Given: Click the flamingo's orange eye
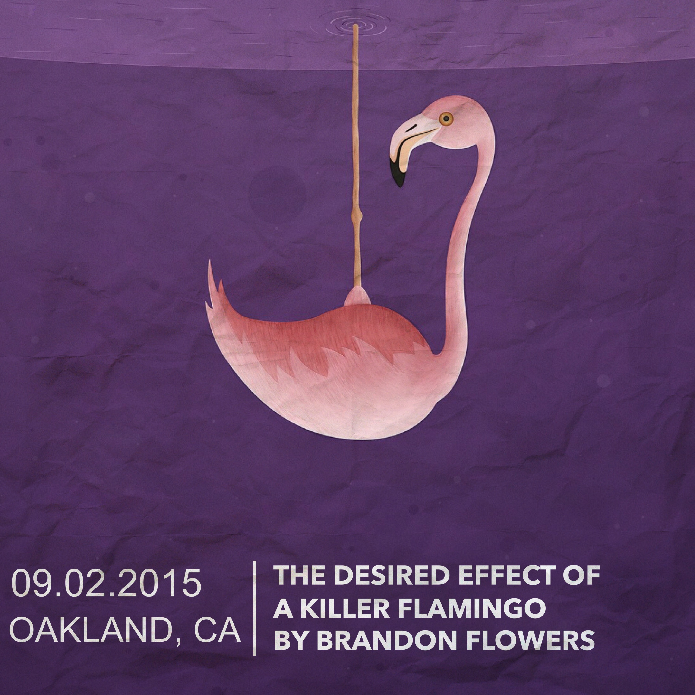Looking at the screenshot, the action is (x=446, y=118).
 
